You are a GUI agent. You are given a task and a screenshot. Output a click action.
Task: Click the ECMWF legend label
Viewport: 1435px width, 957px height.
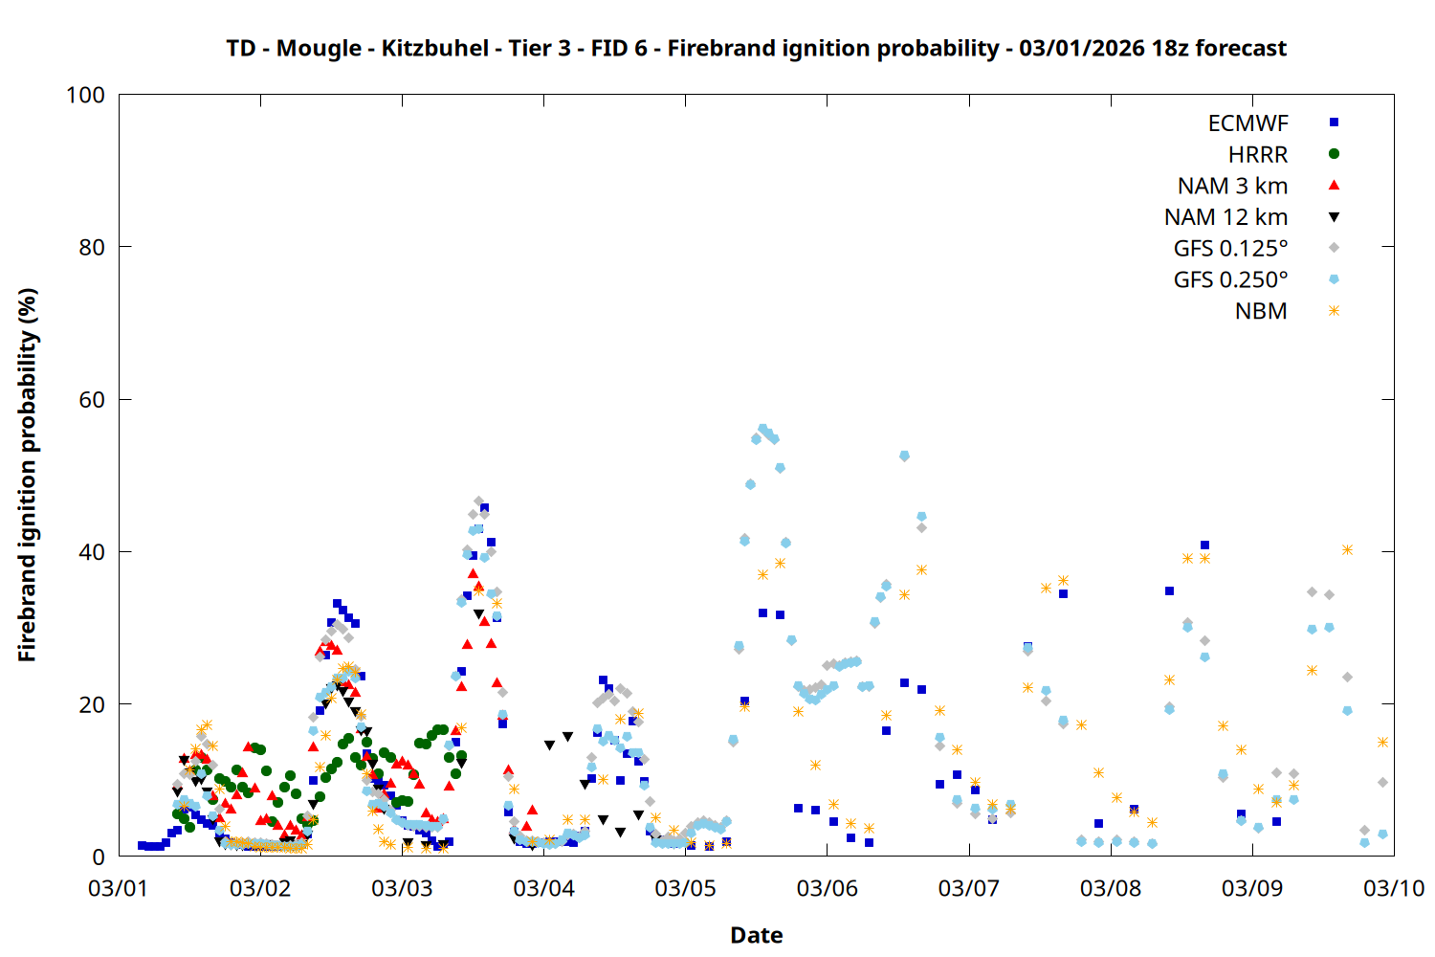(1247, 123)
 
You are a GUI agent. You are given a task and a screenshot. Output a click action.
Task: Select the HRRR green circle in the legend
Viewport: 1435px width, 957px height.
(1334, 154)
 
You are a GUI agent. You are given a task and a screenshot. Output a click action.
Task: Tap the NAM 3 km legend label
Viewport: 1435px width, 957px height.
(1232, 186)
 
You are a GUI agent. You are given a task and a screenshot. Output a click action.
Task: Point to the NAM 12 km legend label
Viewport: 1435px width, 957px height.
(1225, 217)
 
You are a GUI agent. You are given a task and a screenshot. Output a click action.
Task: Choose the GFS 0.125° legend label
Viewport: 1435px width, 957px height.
(1230, 249)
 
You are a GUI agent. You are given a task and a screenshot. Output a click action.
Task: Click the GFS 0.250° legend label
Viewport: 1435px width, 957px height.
(1230, 279)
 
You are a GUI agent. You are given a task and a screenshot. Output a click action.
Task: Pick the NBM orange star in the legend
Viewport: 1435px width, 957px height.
(1334, 311)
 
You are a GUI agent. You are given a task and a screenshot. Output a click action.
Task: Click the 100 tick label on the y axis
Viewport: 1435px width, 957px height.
(85, 95)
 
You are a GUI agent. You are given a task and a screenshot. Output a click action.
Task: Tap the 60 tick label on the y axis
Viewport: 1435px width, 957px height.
(92, 400)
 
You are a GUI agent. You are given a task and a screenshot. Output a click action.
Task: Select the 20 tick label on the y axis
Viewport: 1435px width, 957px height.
(92, 704)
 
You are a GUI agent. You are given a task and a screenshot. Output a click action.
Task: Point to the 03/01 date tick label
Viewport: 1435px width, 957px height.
(118, 888)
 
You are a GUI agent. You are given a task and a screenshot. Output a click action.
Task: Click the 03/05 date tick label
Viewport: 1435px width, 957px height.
(685, 888)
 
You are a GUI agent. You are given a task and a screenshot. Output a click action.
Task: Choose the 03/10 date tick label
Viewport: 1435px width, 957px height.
(1394, 888)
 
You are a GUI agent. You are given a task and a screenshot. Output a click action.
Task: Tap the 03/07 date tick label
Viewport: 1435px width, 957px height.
(968, 888)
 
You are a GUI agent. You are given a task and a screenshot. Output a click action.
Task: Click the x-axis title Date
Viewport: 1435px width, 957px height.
(756, 935)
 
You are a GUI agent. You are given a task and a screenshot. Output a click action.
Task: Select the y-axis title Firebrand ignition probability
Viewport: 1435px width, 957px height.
(28, 475)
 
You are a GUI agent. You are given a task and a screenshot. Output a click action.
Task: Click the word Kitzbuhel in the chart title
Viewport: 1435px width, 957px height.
(434, 48)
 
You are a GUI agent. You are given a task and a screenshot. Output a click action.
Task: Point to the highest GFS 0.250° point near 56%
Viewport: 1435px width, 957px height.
(762, 429)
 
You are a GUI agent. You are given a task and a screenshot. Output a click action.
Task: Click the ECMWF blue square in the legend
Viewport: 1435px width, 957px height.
(1334, 122)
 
